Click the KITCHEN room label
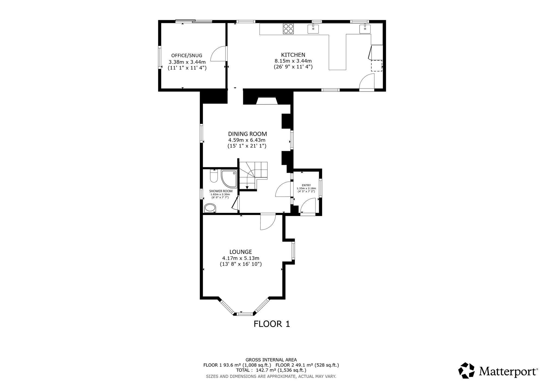coord(293,55)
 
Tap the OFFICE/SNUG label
coord(187,56)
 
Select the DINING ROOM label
coord(247,134)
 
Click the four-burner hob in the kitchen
coord(289,29)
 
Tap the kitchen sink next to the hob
coord(313,29)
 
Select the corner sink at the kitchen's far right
coord(365,29)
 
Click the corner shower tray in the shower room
coord(229,179)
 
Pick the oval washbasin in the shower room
coord(210,208)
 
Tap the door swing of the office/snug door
coord(219,54)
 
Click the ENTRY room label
coord(306,185)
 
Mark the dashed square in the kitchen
coord(377,65)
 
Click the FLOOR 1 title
coord(272,324)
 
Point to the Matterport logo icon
coord(467,370)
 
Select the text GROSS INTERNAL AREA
coord(271,360)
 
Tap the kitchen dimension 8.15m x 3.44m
coord(293,61)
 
